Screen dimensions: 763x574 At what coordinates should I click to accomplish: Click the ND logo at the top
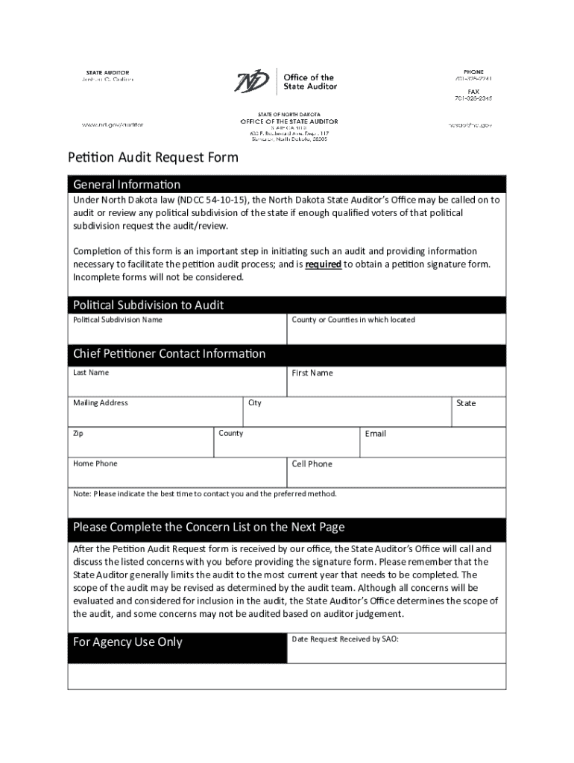[253, 81]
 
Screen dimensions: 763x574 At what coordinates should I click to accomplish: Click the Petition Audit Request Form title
[153, 157]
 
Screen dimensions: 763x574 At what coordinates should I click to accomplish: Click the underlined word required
[324, 265]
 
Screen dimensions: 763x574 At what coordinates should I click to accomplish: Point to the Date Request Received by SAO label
[345, 639]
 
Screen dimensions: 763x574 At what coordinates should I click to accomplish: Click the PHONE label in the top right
[473, 72]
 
